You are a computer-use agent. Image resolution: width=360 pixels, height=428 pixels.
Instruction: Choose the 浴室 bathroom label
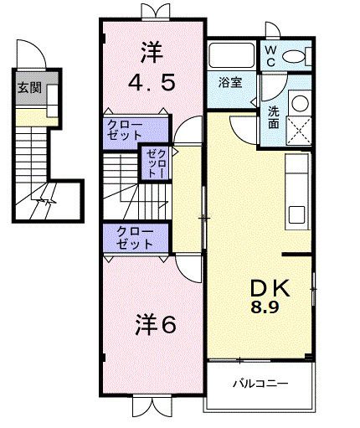230,84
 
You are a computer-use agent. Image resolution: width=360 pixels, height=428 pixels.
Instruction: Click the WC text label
271,55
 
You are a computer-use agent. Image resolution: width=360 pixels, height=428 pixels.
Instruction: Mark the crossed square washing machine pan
300,131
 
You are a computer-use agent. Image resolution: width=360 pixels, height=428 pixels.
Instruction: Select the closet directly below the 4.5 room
136,129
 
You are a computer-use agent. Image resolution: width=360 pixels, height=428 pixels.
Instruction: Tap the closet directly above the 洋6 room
136,238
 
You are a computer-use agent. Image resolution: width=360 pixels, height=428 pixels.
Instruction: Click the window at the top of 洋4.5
153,12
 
